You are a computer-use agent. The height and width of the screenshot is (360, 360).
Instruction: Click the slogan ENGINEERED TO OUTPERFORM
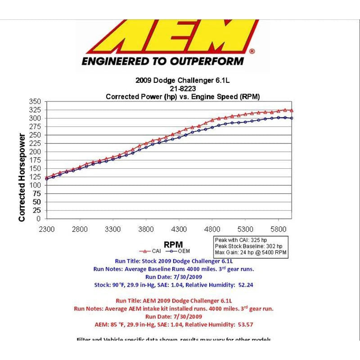pyautogui.click(x=162, y=61)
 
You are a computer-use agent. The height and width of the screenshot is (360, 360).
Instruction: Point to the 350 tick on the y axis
pyautogui.click(x=36, y=102)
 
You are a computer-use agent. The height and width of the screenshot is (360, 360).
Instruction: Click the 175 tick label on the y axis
pyautogui.click(x=36, y=160)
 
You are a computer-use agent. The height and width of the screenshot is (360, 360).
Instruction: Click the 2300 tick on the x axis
pyautogui.click(x=47, y=229)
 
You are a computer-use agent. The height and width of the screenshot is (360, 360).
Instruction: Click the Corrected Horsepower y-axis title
pyautogui.click(x=22, y=177)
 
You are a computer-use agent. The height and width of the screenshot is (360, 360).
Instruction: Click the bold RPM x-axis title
pyautogui.click(x=173, y=244)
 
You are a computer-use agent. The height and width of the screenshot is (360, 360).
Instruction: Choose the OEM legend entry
pyautogui.click(x=178, y=251)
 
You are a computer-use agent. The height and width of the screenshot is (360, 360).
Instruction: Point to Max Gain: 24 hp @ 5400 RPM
pyautogui.click(x=250, y=253)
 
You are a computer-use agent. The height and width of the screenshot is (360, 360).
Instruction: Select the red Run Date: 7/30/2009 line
pyautogui.click(x=173, y=316)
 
